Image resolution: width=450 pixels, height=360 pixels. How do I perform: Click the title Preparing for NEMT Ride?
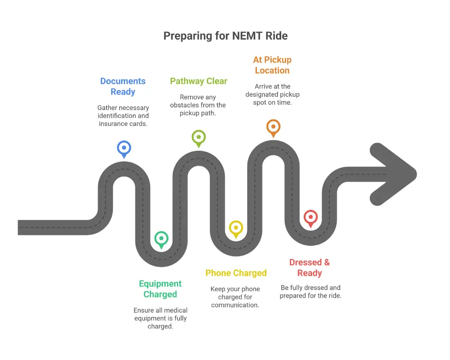pyautogui.click(x=225, y=36)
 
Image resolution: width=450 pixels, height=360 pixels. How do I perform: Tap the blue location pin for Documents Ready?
pyautogui.click(x=124, y=148)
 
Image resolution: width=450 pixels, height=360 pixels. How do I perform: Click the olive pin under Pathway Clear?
pyautogui.click(x=198, y=137)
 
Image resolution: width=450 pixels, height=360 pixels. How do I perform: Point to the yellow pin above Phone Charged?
pyautogui.click(x=236, y=228)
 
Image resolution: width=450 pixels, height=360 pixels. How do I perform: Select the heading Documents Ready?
pyautogui.click(x=123, y=86)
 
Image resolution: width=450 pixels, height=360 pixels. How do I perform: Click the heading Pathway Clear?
pyautogui.click(x=198, y=81)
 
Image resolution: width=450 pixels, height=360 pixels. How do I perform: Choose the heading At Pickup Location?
pyautogui.click(x=272, y=65)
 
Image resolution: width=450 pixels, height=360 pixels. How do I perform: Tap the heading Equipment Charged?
pyautogui.click(x=160, y=289)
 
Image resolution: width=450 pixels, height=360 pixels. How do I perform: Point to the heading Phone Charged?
pyautogui.click(x=236, y=273)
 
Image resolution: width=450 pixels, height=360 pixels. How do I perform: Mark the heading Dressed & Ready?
pyautogui.click(x=310, y=268)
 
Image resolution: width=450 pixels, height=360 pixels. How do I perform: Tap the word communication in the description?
pyautogui.click(x=235, y=305)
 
